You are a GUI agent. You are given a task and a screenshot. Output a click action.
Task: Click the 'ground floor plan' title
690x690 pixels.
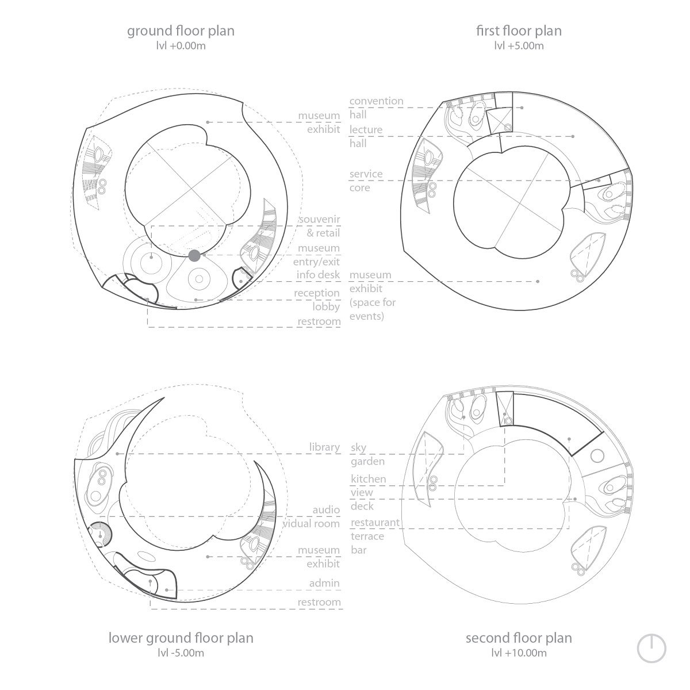(181, 32)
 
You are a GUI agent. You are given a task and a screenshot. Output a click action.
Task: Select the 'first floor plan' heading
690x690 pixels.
(519, 31)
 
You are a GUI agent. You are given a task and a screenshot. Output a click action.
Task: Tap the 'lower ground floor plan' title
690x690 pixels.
(181, 638)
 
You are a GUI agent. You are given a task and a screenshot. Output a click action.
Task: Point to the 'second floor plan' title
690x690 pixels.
(519, 638)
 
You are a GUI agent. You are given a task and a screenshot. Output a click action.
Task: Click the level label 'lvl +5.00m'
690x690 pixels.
(519, 46)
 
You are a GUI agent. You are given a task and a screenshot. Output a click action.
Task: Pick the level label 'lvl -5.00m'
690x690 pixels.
(181, 653)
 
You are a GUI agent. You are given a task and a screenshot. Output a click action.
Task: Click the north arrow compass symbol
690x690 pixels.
(651, 649)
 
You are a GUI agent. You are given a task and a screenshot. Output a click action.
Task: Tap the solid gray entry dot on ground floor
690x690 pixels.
(194, 256)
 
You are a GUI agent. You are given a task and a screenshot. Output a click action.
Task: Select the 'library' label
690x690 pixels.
(324, 447)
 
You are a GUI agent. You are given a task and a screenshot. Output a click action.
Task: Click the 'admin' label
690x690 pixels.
(324, 583)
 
